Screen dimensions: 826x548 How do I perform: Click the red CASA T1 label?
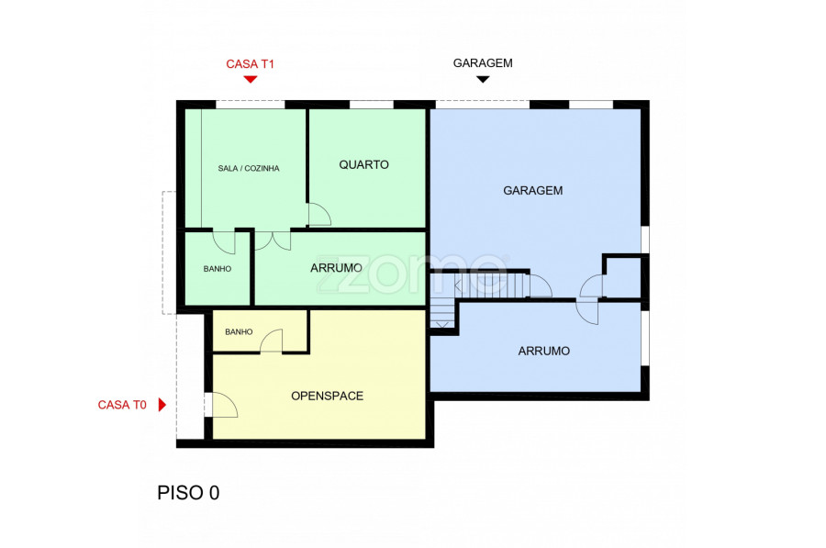251,64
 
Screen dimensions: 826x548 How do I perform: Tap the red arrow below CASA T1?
251,80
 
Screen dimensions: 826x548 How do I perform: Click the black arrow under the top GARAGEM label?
483,80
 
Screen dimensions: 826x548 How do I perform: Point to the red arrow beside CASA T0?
162,405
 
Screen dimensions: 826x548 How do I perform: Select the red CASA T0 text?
122,405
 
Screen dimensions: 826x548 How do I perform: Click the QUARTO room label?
364,165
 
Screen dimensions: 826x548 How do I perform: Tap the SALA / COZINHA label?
249,169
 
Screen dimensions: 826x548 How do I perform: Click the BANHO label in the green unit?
218,269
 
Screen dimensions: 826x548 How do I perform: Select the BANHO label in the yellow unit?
239,332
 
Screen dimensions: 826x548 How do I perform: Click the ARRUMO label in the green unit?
336,268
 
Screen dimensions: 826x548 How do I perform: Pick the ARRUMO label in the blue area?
543,351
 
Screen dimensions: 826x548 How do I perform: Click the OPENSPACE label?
327,397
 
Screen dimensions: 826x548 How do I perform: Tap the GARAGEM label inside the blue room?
532,191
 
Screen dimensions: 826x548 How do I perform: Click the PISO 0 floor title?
188,493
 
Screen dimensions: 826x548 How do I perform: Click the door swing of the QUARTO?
319,215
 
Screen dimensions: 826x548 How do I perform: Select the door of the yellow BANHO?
272,341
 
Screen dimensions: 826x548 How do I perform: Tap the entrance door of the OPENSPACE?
221,405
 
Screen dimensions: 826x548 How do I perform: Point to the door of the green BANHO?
224,241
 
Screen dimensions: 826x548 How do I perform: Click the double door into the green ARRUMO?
273,240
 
